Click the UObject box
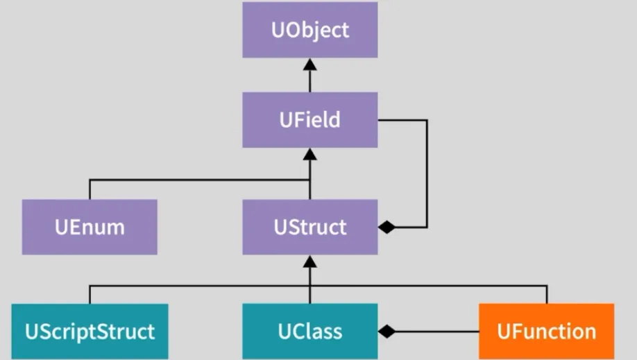click(310, 30)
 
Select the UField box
click(310, 119)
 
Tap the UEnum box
click(90, 227)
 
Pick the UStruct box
click(310, 227)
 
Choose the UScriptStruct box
click(90, 331)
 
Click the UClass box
click(310, 331)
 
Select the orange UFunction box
click(546, 331)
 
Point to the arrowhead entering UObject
click(310, 65)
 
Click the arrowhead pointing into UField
click(310, 154)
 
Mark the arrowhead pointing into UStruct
click(310, 262)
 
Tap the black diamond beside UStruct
click(387, 228)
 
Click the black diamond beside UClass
click(387, 332)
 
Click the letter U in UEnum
click(61, 227)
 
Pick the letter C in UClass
click(297, 331)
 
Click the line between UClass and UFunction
click(437, 332)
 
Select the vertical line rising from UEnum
click(90, 189)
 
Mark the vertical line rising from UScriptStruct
click(90, 294)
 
